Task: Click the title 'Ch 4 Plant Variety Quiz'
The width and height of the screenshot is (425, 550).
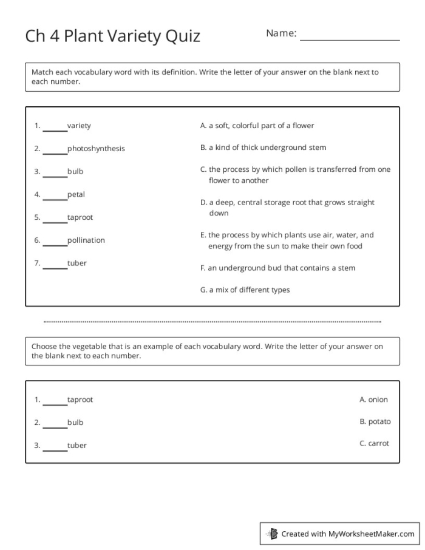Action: point(112,36)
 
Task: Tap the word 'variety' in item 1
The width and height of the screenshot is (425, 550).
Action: point(79,126)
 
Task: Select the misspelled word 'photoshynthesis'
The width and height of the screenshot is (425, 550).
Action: point(96,149)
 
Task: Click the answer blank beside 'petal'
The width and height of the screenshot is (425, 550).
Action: point(55,196)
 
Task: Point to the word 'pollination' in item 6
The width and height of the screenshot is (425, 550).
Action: point(86,240)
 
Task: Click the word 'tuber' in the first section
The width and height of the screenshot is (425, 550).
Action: point(77,263)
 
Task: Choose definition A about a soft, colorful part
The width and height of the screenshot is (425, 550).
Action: point(257,126)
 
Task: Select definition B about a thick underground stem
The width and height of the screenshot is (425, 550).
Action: point(263,148)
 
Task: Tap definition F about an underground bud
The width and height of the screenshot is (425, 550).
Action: point(277,268)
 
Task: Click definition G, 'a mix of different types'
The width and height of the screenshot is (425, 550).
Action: point(245,290)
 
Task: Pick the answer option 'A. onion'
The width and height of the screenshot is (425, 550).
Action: point(373,399)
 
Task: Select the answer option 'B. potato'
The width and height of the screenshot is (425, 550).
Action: point(375,421)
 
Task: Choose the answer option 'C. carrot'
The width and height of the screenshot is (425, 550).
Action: point(374,443)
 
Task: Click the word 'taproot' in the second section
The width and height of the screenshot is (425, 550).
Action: point(80,400)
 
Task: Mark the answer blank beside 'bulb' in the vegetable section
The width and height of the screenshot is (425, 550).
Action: point(55,424)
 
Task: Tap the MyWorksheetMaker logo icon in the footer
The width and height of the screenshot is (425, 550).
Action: point(273,534)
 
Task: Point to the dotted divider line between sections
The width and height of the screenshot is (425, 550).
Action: point(212,322)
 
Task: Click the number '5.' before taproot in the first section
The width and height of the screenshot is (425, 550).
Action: point(37,217)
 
